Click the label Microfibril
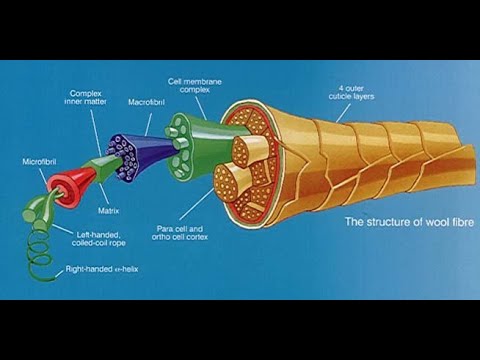[39, 160]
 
